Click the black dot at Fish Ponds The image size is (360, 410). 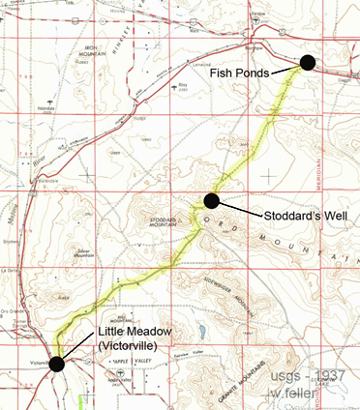pos(308,63)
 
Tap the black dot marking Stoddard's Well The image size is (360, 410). pos(211,199)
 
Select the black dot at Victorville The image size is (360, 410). pos(57,364)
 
